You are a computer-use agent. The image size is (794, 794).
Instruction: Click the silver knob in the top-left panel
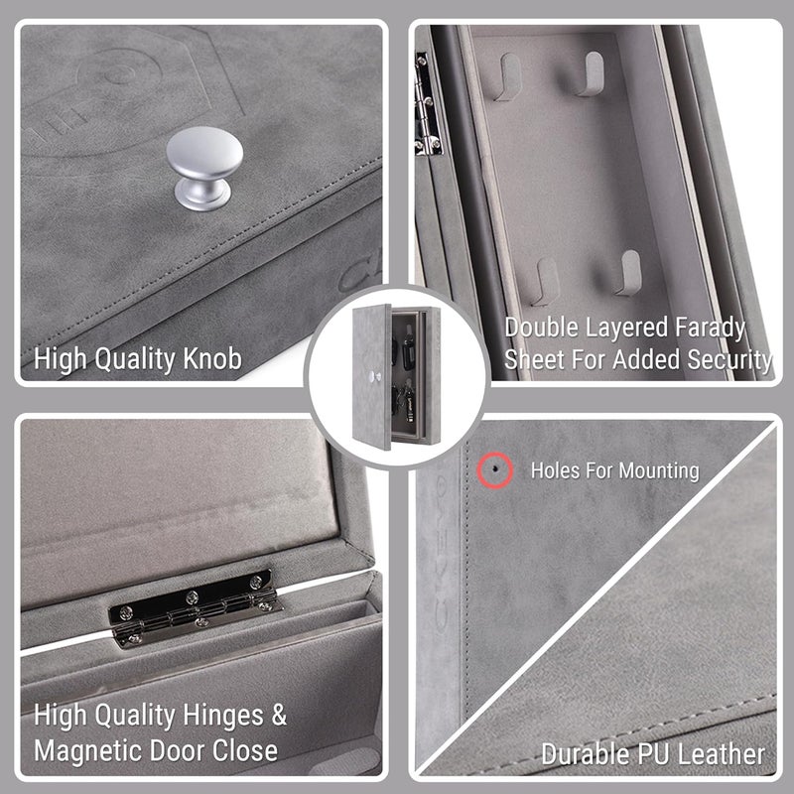[204, 168]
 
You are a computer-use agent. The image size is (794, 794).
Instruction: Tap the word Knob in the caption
[212, 359]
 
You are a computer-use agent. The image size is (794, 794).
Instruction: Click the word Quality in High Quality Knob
[135, 360]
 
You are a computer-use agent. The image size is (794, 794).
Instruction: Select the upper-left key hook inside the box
[508, 76]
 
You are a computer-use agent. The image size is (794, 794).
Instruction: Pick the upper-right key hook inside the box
[591, 73]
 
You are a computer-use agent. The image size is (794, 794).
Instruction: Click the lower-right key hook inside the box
[628, 273]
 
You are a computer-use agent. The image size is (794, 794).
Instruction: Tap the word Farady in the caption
[710, 329]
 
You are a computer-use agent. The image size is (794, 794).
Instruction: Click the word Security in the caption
[729, 360]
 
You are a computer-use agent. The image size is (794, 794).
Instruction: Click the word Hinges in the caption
[223, 716]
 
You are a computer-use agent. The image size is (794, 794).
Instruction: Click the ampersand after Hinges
[279, 715]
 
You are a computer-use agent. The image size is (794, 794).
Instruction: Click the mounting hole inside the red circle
[494, 469]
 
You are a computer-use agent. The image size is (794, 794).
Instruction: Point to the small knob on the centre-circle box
[375, 377]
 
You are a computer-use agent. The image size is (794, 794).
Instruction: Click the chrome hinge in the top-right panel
[426, 104]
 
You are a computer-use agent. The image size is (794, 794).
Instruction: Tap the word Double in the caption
[542, 328]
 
